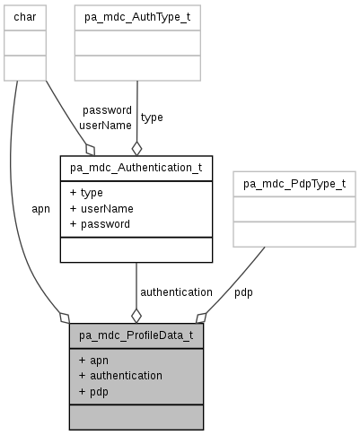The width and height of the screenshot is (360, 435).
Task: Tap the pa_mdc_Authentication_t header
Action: coord(136,167)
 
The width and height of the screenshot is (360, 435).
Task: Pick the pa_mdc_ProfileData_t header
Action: coord(136,336)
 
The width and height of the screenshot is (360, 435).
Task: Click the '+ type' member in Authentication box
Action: coord(86,193)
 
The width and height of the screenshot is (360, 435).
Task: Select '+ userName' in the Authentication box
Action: coord(99,208)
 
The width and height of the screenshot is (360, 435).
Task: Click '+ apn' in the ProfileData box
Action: coord(93,361)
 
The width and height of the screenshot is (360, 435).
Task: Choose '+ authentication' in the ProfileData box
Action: coord(120,376)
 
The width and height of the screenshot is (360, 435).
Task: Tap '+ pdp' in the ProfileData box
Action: coord(93,391)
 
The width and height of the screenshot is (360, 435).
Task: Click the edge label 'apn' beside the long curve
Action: coord(40,209)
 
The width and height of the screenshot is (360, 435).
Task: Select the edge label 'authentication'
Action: coord(176,292)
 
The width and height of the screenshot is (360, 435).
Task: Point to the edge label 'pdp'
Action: coord(243,292)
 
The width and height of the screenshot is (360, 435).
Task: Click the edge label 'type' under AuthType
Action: coord(152,117)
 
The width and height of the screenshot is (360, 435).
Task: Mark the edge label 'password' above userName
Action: coord(107,110)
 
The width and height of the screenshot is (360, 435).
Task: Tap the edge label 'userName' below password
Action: coord(105,126)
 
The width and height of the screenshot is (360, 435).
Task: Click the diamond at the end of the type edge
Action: coord(136,147)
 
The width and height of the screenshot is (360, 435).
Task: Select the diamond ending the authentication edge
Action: coord(136,316)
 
